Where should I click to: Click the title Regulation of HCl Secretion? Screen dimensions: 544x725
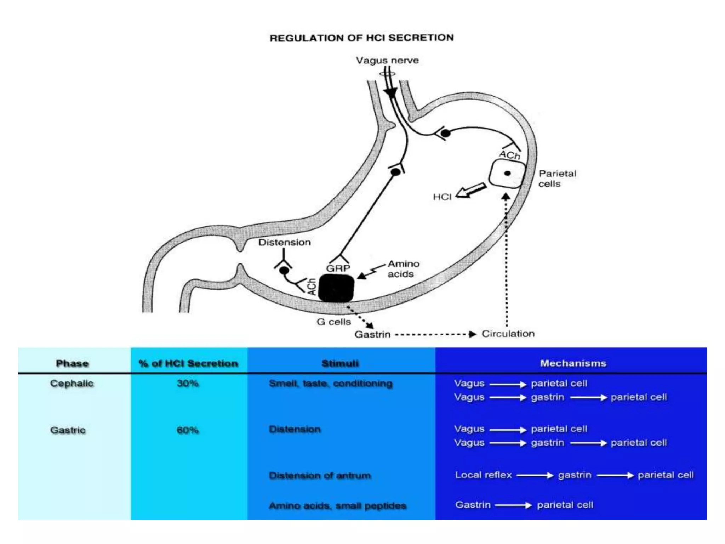tap(361, 38)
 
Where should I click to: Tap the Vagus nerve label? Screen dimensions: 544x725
tap(387, 61)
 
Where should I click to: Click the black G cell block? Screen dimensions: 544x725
tap(336, 288)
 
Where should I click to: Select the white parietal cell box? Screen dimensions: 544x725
tap(506, 174)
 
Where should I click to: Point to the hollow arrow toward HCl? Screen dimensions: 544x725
tap(471, 191)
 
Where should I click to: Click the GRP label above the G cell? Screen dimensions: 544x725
tap(338, 268)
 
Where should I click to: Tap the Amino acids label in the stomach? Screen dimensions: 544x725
tap(403, 269)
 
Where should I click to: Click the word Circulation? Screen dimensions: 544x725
tap(508, 334)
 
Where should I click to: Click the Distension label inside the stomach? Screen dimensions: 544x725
tap(284, 243)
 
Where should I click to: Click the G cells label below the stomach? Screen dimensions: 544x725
tap(333, 322)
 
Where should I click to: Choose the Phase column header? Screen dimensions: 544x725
tap(72, 363)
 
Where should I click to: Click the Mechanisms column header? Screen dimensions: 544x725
tap(573, 363)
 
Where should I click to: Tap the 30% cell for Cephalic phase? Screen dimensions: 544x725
tap(188, 383)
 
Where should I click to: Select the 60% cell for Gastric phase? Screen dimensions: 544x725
tap(188, 430)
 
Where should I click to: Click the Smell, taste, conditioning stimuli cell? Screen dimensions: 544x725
tap(331, 384)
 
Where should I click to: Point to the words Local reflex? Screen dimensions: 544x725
tap(483, 475)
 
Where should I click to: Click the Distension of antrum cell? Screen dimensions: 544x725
tap(320, 475)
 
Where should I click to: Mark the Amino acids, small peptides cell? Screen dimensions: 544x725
tap(337, 505)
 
